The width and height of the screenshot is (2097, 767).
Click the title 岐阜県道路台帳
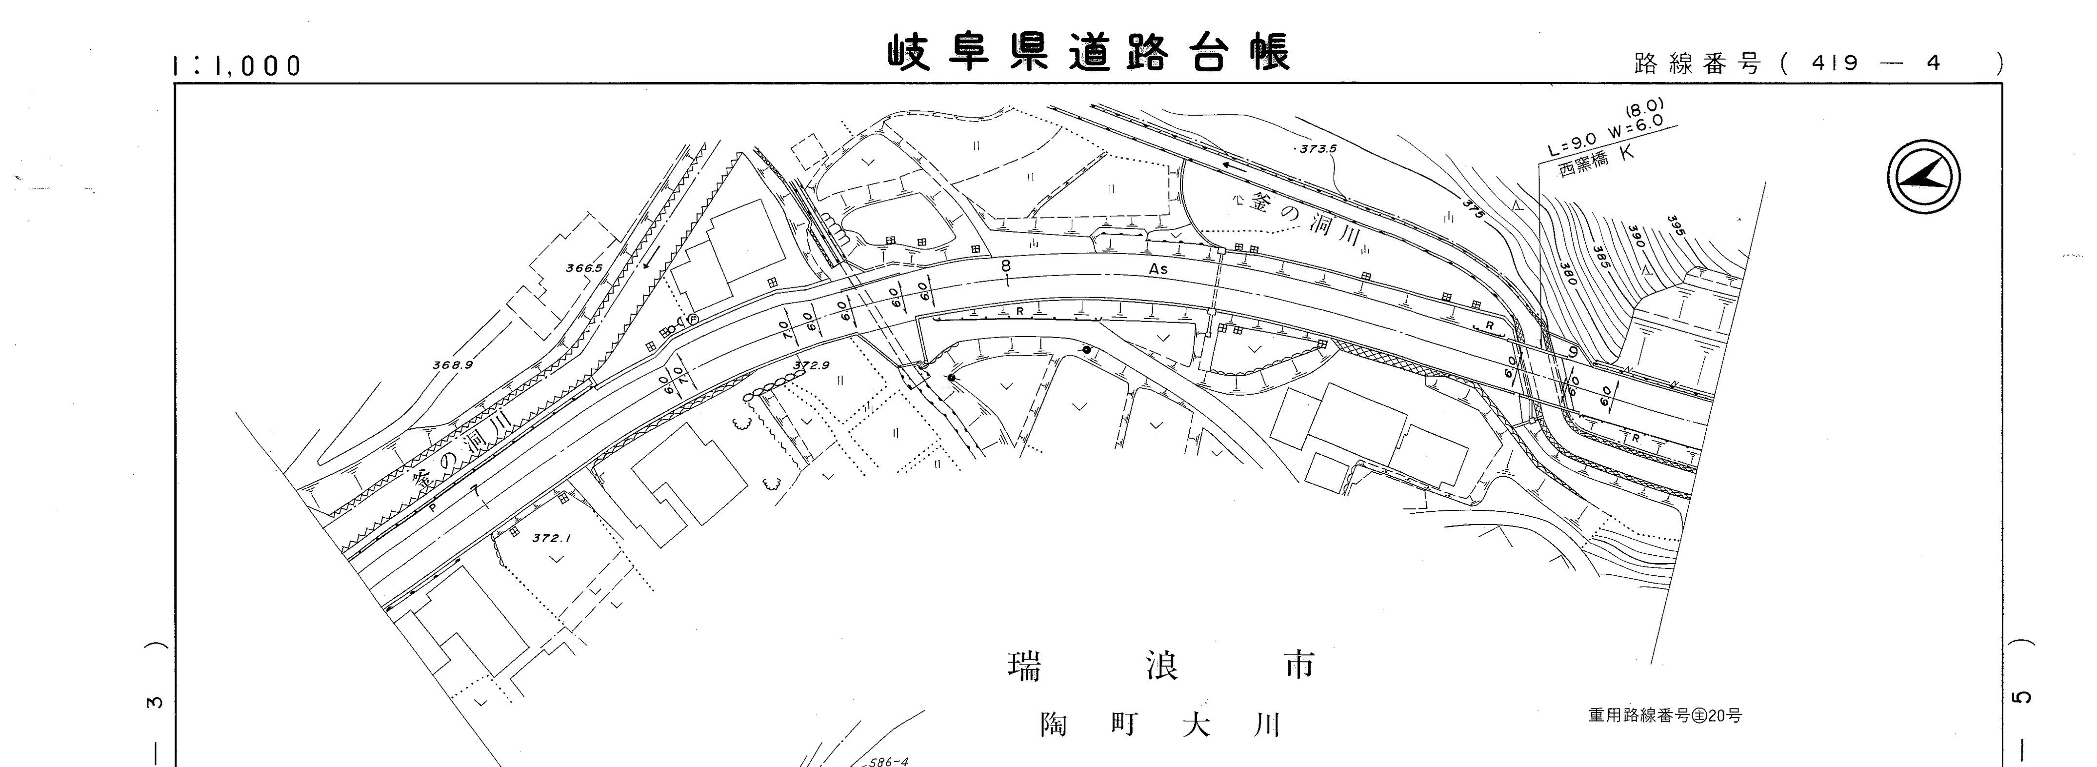click(x=1088, y=54)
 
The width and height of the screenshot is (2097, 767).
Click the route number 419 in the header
click(x=1836, y=63)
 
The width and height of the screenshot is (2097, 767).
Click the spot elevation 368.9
click(x=453, y=365)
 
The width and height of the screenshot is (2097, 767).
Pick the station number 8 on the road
click(x=1006, y=266)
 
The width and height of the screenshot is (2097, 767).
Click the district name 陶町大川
click(x=1160, y=725)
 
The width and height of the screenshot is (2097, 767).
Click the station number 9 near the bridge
click(x=1573, y=352)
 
